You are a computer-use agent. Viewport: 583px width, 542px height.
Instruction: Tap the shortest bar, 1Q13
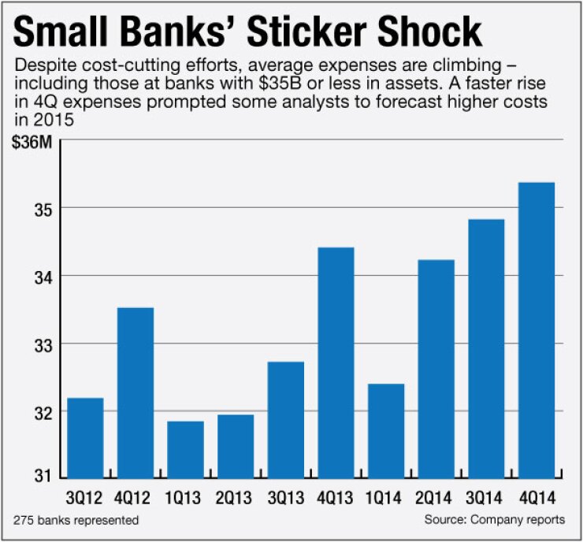186,449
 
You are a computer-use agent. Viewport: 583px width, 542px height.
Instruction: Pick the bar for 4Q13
336,362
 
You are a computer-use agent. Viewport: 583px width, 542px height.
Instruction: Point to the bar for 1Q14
386,430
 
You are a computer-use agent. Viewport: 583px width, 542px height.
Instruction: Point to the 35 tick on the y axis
41,210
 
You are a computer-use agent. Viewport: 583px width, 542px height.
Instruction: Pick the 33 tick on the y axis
41,344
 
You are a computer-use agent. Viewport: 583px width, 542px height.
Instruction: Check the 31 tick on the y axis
41,476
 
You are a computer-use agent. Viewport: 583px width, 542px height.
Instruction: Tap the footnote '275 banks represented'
76,520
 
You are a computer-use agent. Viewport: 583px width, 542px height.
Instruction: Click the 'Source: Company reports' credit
494,520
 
